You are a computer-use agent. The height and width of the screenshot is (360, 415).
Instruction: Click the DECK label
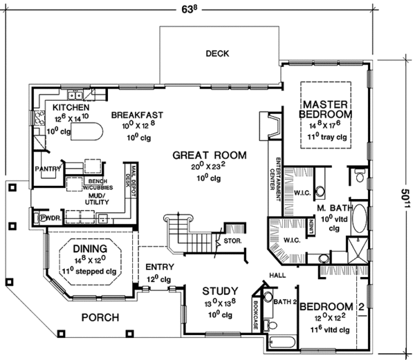(x=217, y=54)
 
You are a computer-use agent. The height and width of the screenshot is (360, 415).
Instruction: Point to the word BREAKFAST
(x=136, y=115)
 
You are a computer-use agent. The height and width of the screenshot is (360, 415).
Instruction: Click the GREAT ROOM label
(x=209, y=156)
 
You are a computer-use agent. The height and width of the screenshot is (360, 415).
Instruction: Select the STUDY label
(x=220, y=291)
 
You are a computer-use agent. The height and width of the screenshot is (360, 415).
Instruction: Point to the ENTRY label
(x=159, y=267)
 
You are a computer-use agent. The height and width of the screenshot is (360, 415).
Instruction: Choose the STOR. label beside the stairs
(x=232, y=241)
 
